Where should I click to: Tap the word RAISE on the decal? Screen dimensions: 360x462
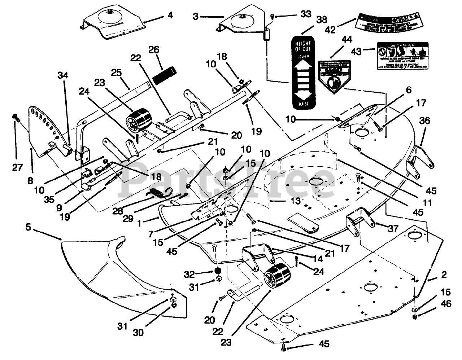point(302,104)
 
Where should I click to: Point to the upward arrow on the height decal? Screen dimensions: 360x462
point(302,67)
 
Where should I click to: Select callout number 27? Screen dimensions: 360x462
point(17,167)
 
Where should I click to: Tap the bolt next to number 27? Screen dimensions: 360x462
point(16,117)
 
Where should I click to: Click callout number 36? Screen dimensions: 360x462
point(424,121)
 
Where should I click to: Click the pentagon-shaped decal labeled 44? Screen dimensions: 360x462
point(335,75)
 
